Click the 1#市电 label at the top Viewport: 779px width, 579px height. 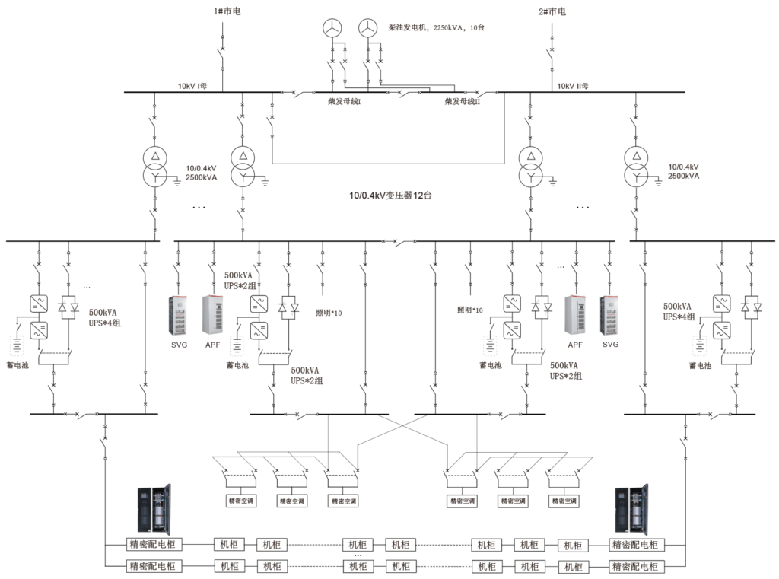227,11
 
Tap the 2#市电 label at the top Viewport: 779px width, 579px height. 552,11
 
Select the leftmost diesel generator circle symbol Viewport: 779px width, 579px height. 332,28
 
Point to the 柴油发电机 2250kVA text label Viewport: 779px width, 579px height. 436,28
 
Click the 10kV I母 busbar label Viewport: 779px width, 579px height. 192,86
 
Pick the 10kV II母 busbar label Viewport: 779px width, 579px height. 572,86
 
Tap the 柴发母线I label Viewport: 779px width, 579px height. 345,101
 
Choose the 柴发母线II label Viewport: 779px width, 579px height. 462,101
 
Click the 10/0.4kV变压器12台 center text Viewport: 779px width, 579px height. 390,196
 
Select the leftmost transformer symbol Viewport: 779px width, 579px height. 155,167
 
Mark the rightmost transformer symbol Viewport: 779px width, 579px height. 637,166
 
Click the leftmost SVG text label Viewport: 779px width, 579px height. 179,345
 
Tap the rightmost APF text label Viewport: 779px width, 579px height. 575,345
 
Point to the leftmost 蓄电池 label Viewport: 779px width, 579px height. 17,365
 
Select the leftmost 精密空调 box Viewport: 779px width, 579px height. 241,501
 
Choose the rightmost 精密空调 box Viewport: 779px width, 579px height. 564,501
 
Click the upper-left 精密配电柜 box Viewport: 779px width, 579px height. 152,544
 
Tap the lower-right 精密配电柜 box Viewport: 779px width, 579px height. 635,567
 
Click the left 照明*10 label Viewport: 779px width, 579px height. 329,313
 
